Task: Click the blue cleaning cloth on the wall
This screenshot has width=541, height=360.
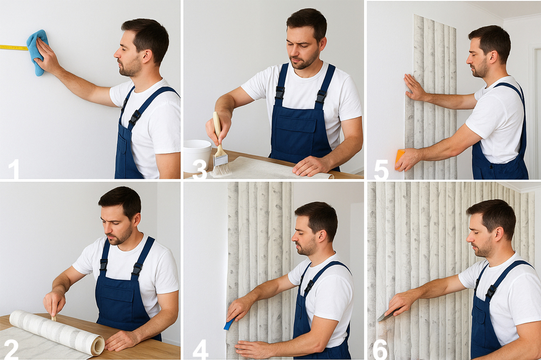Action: pos(37,52)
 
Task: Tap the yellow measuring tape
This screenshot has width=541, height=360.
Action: pos(14,47)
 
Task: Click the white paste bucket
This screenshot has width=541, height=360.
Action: pos(197,155)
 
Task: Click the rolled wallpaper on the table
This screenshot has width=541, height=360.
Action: pos(57,332)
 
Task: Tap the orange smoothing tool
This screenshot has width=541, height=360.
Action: pos(399,159)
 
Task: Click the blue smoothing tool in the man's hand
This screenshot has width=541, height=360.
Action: pos(229,324)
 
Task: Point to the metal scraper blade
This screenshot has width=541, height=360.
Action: pos(386,316)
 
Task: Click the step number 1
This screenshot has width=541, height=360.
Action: pos(14,169)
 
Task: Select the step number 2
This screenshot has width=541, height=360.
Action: pos(11,349)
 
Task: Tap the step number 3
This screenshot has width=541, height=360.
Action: pos(199,169)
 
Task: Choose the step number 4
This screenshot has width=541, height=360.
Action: pos(200,349)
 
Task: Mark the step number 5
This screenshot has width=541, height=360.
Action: pos(381,169)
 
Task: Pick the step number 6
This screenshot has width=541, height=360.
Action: pos(380,349)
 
